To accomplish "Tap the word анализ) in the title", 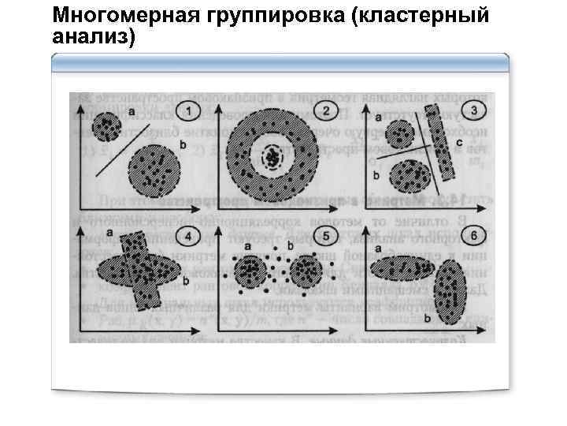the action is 93,35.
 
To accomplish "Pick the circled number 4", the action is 187,235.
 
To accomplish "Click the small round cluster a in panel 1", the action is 106,125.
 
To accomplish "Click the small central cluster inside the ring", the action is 272,159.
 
